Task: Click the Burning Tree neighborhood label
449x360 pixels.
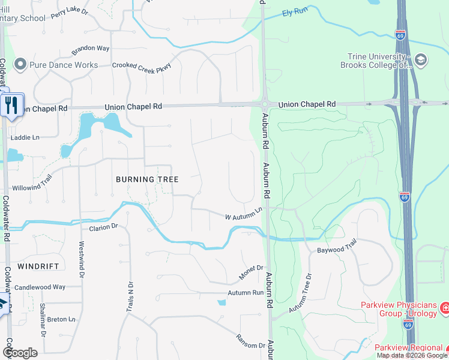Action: [147, 179]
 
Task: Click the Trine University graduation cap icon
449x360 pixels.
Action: [420, 59]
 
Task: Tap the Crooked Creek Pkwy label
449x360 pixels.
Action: [142, 65]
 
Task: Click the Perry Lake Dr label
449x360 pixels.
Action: [70, 12]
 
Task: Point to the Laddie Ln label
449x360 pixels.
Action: [25, 137]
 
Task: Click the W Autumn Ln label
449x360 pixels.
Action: [244, 213]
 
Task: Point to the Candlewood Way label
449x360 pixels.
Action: [40, 287]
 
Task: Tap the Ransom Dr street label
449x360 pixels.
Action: [250, 341]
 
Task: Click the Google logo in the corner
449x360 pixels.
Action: [20, 353]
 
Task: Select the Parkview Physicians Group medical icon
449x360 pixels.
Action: [445, 308]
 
